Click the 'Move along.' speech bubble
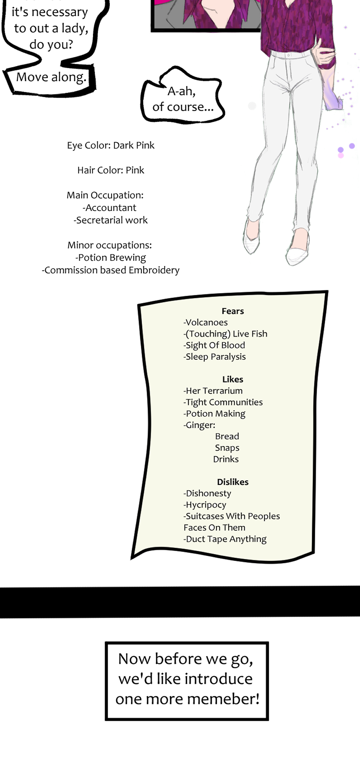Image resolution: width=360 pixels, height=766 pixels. [x=50, y=79]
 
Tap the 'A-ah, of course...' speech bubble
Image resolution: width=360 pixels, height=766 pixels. [x=182, y=96]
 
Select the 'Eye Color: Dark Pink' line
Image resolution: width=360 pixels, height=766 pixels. [x=111, y=146]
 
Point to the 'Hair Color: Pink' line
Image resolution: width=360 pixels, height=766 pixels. [x=111, y=170]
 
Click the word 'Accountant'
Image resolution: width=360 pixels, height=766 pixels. [x=111, y=208]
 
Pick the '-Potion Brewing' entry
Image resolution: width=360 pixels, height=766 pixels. [x=111, y=258]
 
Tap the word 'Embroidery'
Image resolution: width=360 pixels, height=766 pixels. [x=154, y=270]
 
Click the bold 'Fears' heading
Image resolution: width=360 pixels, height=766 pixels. [x=233, y=311]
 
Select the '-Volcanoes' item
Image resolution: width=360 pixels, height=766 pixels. [x=206, y=322]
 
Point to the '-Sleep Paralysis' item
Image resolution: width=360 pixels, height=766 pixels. [x=214, y=357]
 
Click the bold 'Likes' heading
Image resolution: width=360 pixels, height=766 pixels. [x=233, y=379]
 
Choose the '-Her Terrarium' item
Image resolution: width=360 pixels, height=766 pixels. [x=213, y=391]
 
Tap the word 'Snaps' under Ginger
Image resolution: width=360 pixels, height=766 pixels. [x=227, y=448]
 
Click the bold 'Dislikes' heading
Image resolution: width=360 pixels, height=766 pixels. [x=233, y=482]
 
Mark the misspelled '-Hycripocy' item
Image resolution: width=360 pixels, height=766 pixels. [x=205, y=505]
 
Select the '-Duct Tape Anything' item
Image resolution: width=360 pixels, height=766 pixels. [x=225, y=539]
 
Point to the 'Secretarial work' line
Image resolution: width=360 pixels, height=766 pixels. [x=111, y=220]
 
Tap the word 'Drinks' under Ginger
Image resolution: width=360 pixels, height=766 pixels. [x=226, y=459]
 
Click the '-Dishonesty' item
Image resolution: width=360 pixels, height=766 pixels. [x=207, y=494]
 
